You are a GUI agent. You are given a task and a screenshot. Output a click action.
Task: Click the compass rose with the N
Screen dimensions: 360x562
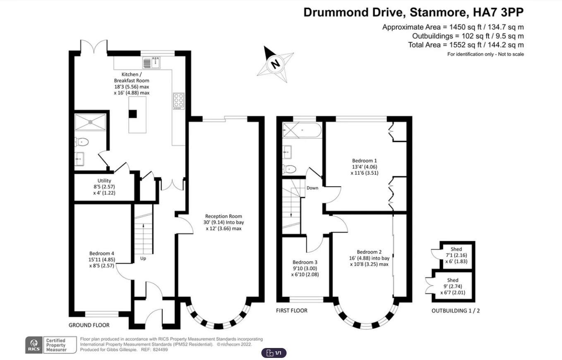[x=275, y=64]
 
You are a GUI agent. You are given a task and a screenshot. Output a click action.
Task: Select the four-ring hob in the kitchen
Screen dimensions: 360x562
[x=178, y=101]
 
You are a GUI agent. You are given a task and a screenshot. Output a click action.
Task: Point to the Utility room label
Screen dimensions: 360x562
[x=104, y=187]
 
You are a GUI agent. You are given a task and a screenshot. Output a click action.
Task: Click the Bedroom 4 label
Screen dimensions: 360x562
[x=102, y=259]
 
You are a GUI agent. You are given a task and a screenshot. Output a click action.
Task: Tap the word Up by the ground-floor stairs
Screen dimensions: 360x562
[x=143, y=258]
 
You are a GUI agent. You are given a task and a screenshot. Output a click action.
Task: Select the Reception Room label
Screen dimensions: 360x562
[x=223, y=222]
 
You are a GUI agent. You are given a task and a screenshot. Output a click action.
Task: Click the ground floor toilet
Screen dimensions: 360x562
[x=83, y=142]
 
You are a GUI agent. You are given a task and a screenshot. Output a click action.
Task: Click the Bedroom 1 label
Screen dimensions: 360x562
[x=364, y=166]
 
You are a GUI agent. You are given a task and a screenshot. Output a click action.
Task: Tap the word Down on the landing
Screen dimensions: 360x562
[x=312, y=188]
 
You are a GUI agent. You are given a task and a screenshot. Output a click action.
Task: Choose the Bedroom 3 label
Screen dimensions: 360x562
[x=305, y=268]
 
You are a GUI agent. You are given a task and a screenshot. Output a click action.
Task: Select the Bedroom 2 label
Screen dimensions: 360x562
[x=369, y=258]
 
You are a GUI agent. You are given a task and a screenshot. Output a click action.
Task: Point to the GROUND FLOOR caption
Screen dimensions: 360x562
[x=89, y=325]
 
